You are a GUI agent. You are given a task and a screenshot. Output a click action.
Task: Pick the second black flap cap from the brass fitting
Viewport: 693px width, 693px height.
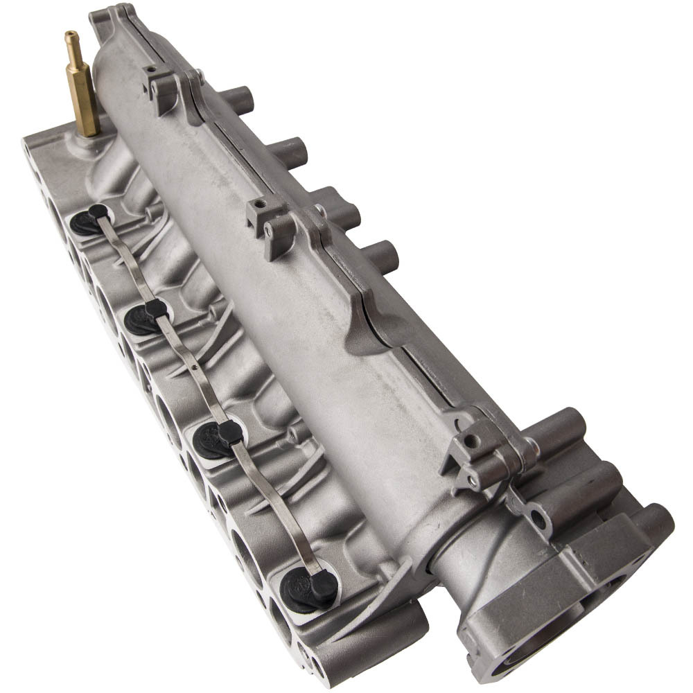pyautogui.click(x=146, y=317)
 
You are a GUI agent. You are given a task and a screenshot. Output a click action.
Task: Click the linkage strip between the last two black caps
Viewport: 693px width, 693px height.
pyautogui.click(x=270, y=506)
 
